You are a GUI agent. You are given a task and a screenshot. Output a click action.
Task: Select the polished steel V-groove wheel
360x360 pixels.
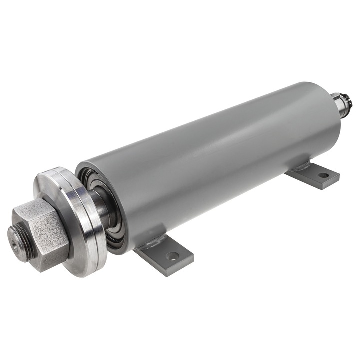click(x=75, y=220)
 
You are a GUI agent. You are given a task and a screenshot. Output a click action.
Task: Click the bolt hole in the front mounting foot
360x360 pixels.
click(x=172, y=256)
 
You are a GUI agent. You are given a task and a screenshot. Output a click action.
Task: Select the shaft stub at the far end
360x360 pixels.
click(x=342, y=105)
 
